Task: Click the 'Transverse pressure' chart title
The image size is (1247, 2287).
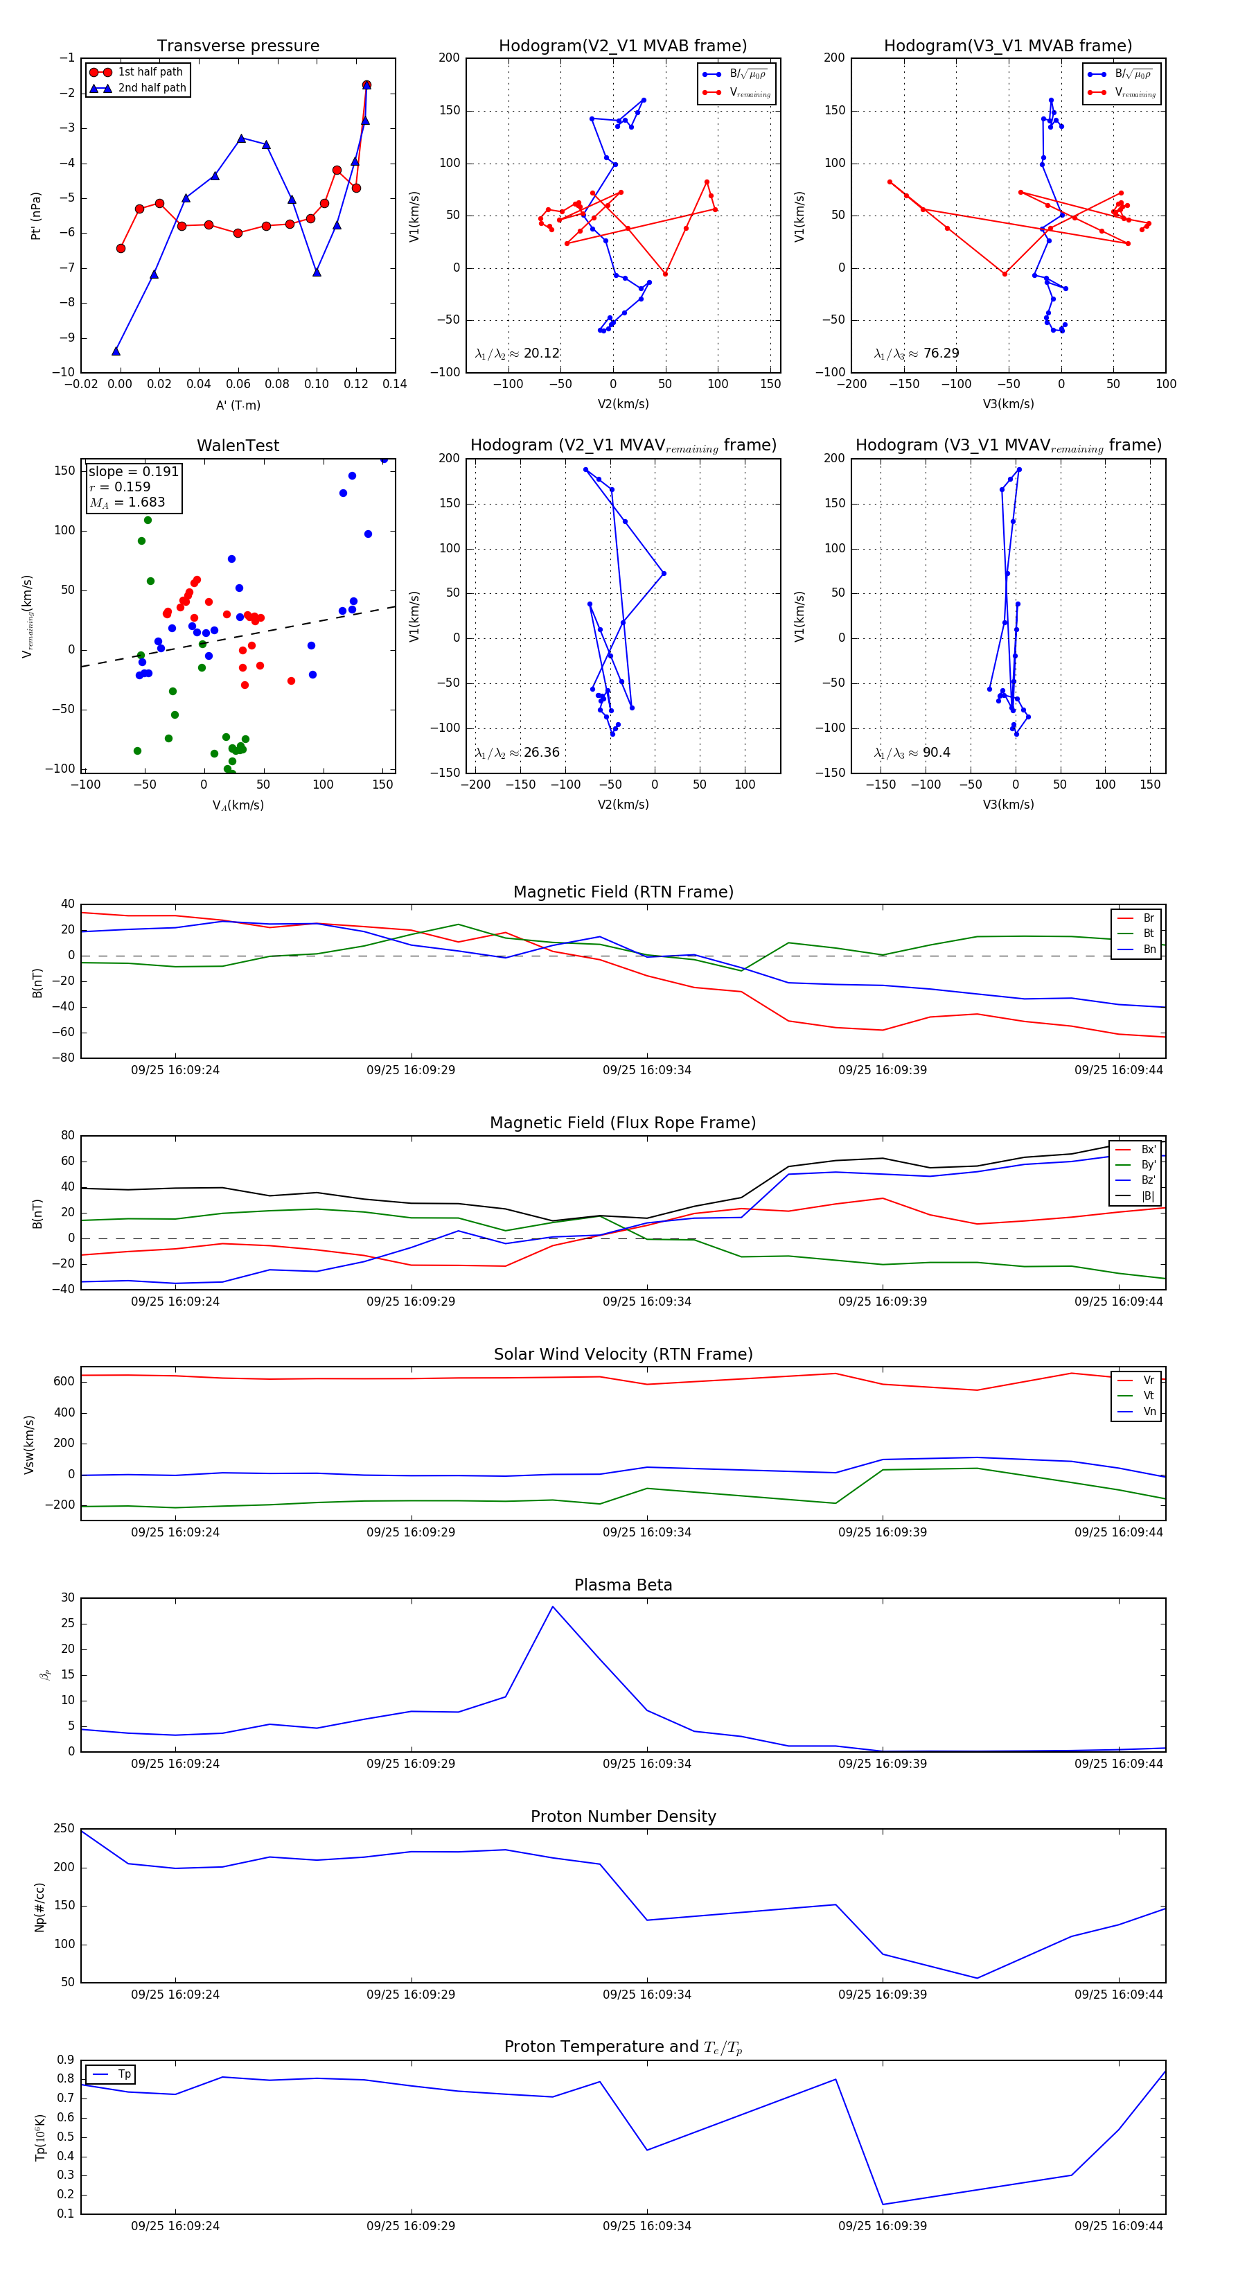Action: pos(238,46)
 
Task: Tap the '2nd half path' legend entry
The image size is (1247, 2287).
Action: pos(152,88)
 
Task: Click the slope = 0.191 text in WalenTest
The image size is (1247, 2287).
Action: pos(133,471)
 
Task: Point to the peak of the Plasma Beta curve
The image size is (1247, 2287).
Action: pos(553,1606)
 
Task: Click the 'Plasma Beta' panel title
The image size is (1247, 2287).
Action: pos(623,1585)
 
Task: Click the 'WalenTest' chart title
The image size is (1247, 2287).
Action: pos(238,446)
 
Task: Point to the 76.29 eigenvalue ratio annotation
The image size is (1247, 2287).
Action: pos(941,353)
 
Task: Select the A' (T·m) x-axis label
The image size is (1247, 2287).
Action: pos(238,405)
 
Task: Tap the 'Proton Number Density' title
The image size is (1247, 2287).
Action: pos(623,1816)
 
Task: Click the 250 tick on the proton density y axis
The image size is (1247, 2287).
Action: pos(64,1829)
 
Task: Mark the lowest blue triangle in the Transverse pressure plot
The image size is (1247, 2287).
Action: pos(116,351)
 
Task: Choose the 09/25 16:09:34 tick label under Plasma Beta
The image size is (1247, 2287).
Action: pos(646,1763)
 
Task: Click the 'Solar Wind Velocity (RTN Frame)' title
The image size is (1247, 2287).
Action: pos(623,1354)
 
